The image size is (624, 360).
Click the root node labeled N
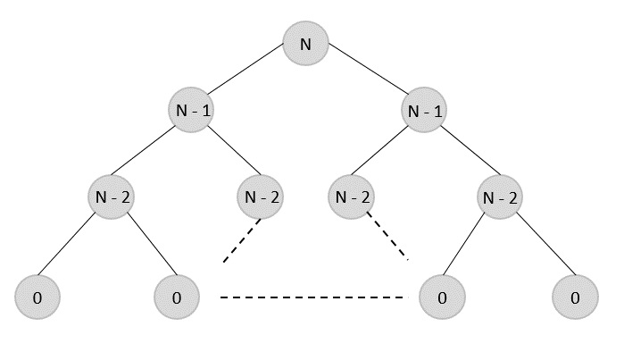click(306, 44)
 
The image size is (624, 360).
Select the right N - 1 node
click(426, 113)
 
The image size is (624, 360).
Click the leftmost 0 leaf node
click(37, 296)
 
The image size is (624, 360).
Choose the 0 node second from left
click(176, 296)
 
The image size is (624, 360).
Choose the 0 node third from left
click(440, 296)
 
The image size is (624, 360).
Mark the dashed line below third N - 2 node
click(387, 239)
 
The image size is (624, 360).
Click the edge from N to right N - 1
click(366, 77)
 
